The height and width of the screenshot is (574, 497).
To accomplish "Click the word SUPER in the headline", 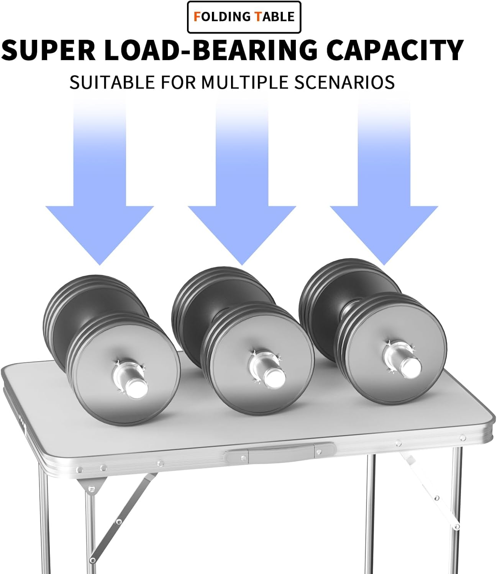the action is [x=48, y=50].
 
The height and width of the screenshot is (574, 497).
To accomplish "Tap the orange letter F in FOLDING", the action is [x=197, y=17].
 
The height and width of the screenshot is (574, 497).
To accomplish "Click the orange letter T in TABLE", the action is [x=258, y=17].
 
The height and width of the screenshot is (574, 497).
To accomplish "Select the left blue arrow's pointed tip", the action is [x=100, y=265].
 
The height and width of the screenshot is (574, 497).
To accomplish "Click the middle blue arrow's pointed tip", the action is [x=242, y=265].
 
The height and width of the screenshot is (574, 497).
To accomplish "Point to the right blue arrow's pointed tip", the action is [x=384, y=265].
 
